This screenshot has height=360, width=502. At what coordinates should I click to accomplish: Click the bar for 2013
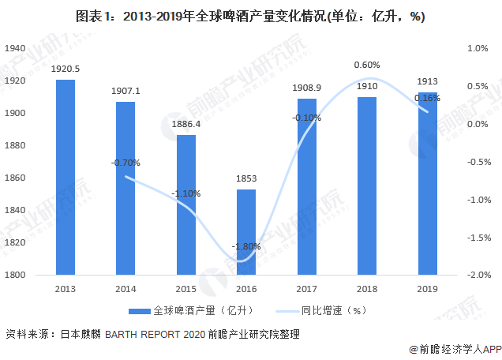[x=66, y=178]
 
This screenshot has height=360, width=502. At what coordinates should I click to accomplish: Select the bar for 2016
[x=246, y=232]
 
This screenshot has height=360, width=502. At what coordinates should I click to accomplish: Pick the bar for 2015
[x=186, y=205]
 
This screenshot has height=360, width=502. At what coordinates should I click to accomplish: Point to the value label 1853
[x=246, y=179]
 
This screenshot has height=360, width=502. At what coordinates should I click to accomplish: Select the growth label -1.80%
[x=245, y=247]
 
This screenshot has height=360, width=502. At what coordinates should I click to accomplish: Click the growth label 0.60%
[x=367, y=65]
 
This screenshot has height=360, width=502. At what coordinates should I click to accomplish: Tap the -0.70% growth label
[x=126, y=163]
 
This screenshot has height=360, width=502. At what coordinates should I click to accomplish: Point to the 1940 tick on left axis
[x=13, y=48]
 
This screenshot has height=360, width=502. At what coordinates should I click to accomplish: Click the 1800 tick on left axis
[x=13, y=276]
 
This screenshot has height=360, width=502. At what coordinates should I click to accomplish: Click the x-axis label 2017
[x=306, y=289]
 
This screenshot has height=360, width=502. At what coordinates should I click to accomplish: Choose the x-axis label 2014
[x=126, y=289]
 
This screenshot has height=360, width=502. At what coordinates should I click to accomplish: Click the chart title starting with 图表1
[x=251, y=17]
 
